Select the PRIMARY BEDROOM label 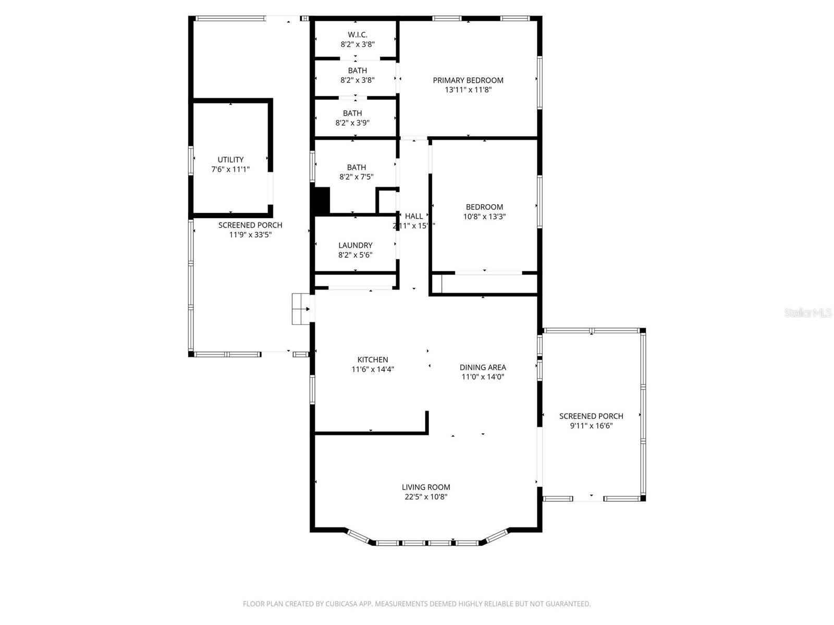[468, 80]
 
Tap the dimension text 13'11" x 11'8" [468, 90]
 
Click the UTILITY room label [230, 160]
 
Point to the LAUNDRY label [355, 245]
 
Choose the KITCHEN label [373, 360]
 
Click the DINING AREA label [483, 368]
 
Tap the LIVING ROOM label [426, 488]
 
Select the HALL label [414, 216]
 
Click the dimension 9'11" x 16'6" [591, 426]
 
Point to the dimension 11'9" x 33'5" [250, 234]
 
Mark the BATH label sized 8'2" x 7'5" [357, 167]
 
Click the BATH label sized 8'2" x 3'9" [352, 113]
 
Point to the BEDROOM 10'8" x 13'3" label [484, 207]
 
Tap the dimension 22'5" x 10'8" [426, 497]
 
